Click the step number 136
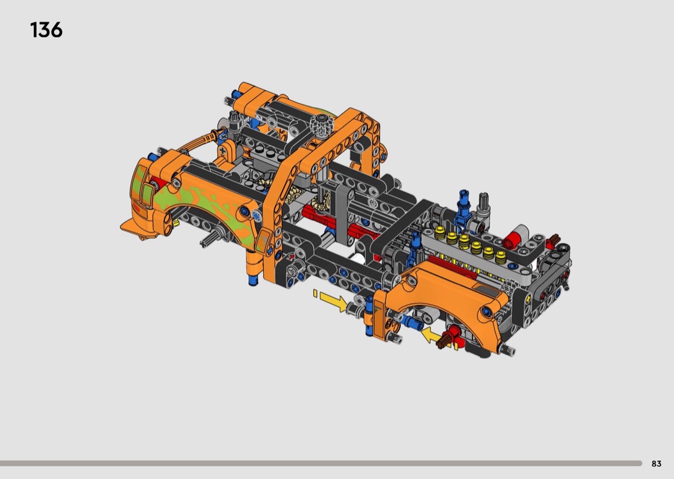tap(46, 30)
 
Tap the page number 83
tap(657, 464)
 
